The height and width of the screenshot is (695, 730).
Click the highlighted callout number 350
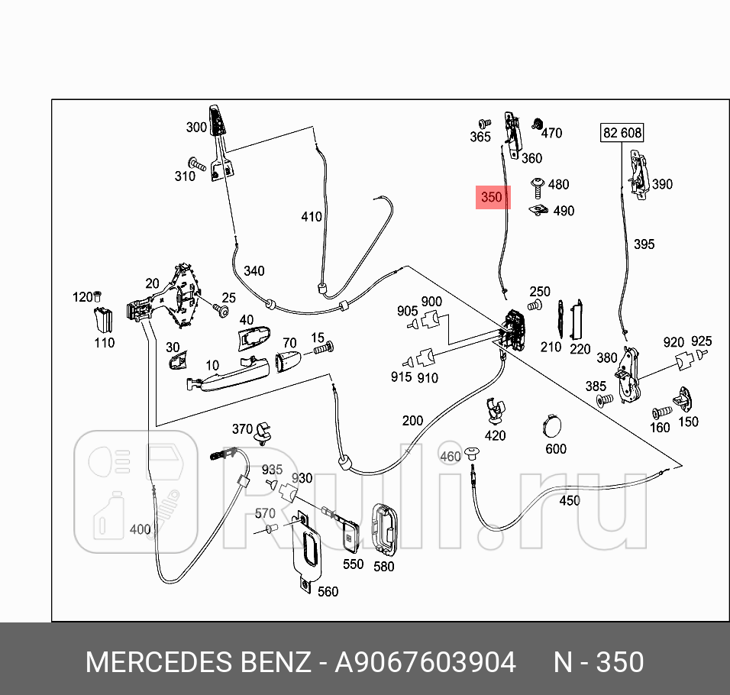(x=491, y=197)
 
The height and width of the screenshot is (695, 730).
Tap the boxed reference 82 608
(x=622, y=133)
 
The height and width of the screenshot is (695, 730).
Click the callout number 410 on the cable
(x=312, y=217)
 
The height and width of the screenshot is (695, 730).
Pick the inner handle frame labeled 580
(x=383, y=529)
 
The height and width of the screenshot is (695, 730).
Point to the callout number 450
(x=570, y=501)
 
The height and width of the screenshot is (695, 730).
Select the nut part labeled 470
(x=536, y=124)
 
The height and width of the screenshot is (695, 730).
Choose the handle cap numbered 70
(x=289, y=361)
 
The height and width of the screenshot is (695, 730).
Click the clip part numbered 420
(x=496, y=410)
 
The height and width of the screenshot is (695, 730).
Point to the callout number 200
(x=412, y=421)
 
